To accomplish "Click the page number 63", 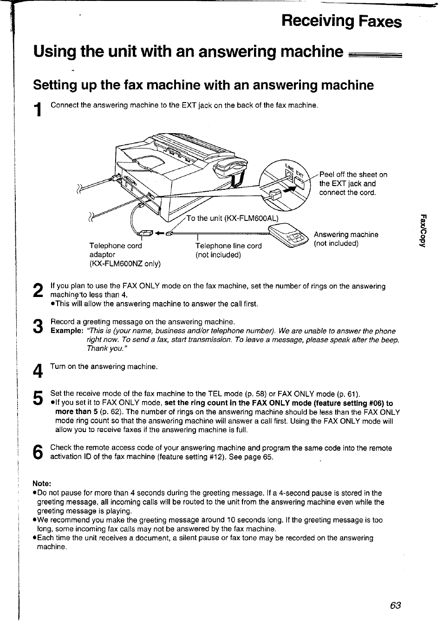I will tap(396, 605).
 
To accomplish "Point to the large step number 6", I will tap(39, 452).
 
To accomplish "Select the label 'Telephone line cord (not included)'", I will tap(228, 250).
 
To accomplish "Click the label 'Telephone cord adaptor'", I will tap(116, 250).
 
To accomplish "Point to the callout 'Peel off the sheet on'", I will tap(353, 174).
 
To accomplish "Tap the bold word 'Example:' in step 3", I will tap(66, 331).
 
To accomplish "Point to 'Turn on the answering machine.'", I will tap(104, 367).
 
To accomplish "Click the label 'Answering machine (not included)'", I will tap(345, 239).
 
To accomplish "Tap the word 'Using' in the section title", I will tap(54, 51).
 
